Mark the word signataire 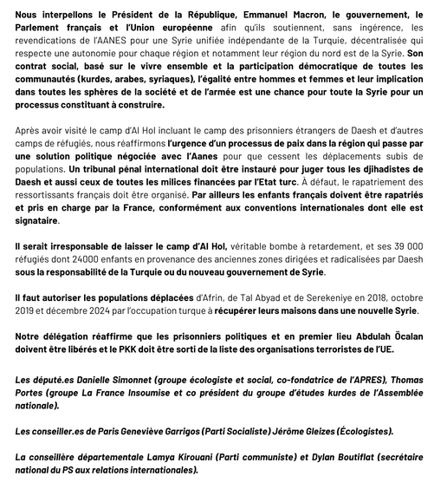[42, 221]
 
